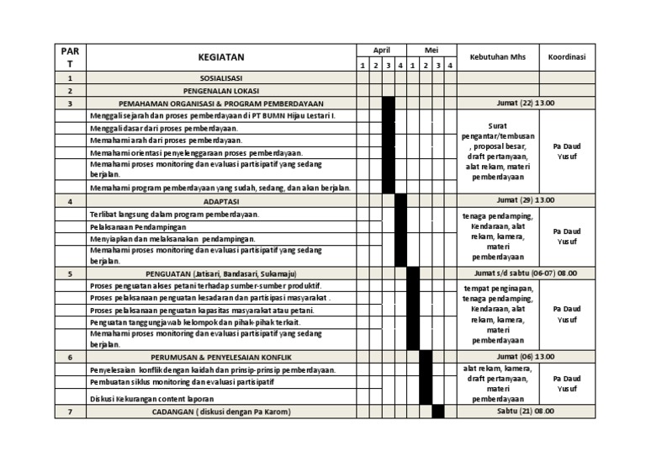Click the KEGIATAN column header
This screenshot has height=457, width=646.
[x=220, y=57]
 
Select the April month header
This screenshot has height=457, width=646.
[x=381, y=50]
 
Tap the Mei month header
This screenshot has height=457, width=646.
[x=431, y=50]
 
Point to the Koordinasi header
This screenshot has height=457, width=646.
[x=567, y=57]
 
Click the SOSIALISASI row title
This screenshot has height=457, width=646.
[x=220, y=77]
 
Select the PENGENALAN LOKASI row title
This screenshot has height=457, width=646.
[x=220, y=90]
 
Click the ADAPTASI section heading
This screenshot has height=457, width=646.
[x=220, y=202]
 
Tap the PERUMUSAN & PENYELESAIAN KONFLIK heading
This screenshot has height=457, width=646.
[x=220, y=358]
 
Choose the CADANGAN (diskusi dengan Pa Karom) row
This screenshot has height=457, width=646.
[x=220, y=412]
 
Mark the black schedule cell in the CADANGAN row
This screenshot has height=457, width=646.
[x=437, y=412]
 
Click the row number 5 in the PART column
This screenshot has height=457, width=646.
[x=70, y=274]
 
